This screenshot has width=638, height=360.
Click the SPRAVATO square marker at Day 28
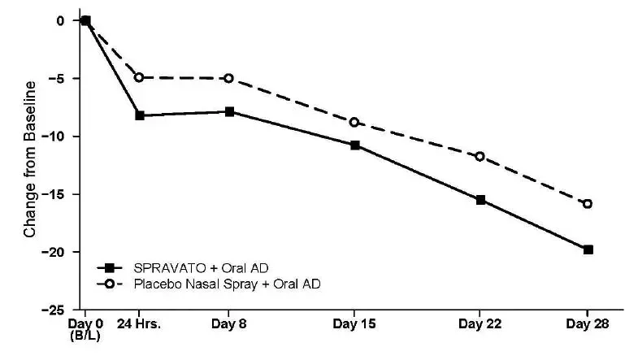click(588, 249)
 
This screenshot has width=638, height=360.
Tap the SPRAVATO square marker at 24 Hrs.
click(140, 115)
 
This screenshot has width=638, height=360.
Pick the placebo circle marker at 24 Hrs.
click(140, 77)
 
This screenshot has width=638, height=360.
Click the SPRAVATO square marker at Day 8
click(229, 111)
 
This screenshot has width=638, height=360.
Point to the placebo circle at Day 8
click(229, 78)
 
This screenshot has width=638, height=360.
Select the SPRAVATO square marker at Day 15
click(354, 145)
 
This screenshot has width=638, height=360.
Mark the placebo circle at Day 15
click(354, 122)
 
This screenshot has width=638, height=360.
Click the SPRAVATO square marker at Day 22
click(480, 199)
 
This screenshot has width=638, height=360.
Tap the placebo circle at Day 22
click(480, 156)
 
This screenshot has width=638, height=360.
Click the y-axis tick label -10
click(62, 136)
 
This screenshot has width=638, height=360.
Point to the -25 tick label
click(62, 310)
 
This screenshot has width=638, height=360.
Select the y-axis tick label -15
click(62, 193)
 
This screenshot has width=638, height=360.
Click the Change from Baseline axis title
click(30, 159)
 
